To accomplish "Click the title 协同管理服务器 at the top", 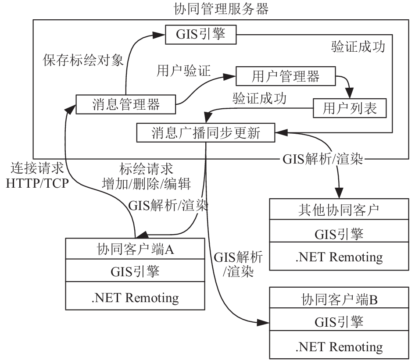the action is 221,9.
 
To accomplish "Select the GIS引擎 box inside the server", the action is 200,35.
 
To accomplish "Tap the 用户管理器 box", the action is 286,76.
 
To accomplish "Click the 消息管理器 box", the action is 126,104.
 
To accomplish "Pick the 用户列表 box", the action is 350,108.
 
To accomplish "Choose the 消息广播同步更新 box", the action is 206,132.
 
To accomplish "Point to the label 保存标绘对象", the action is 83,61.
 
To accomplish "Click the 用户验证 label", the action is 183,71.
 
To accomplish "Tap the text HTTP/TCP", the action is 37,183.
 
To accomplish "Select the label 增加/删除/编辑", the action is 147,184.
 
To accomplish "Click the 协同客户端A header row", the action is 135,249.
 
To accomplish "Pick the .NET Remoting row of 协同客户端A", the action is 135,296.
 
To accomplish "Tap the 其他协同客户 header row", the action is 339,209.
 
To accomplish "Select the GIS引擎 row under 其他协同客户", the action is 339,231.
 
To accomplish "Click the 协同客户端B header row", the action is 339,298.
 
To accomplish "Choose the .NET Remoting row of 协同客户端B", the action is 339,345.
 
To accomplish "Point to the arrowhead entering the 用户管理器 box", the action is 230,77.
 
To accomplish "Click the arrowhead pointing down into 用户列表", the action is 350,94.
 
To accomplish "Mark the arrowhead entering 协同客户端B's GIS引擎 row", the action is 263,322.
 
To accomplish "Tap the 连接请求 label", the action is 37,168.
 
